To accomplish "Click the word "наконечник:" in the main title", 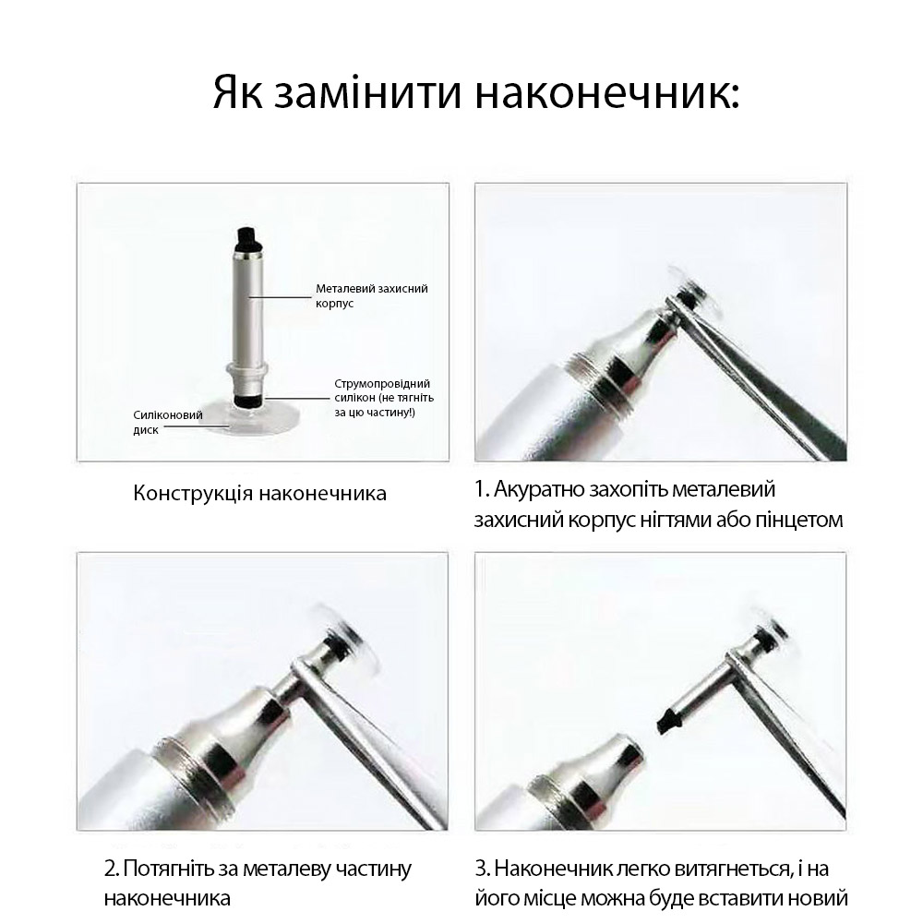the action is point(606,93).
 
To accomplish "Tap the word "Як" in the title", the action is point(238,93).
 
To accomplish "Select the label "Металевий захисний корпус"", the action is point(371,295).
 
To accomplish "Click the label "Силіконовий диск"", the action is point(168,422).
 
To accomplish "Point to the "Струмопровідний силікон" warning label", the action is point(384,397).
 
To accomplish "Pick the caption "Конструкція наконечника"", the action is point(259,493).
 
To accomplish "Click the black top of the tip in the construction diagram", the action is point(247,238).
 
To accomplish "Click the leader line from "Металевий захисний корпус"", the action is point(281,297).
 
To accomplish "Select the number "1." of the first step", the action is point(482,489).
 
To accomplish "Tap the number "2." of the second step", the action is point(112,869).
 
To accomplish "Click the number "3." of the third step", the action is point(483,869).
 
